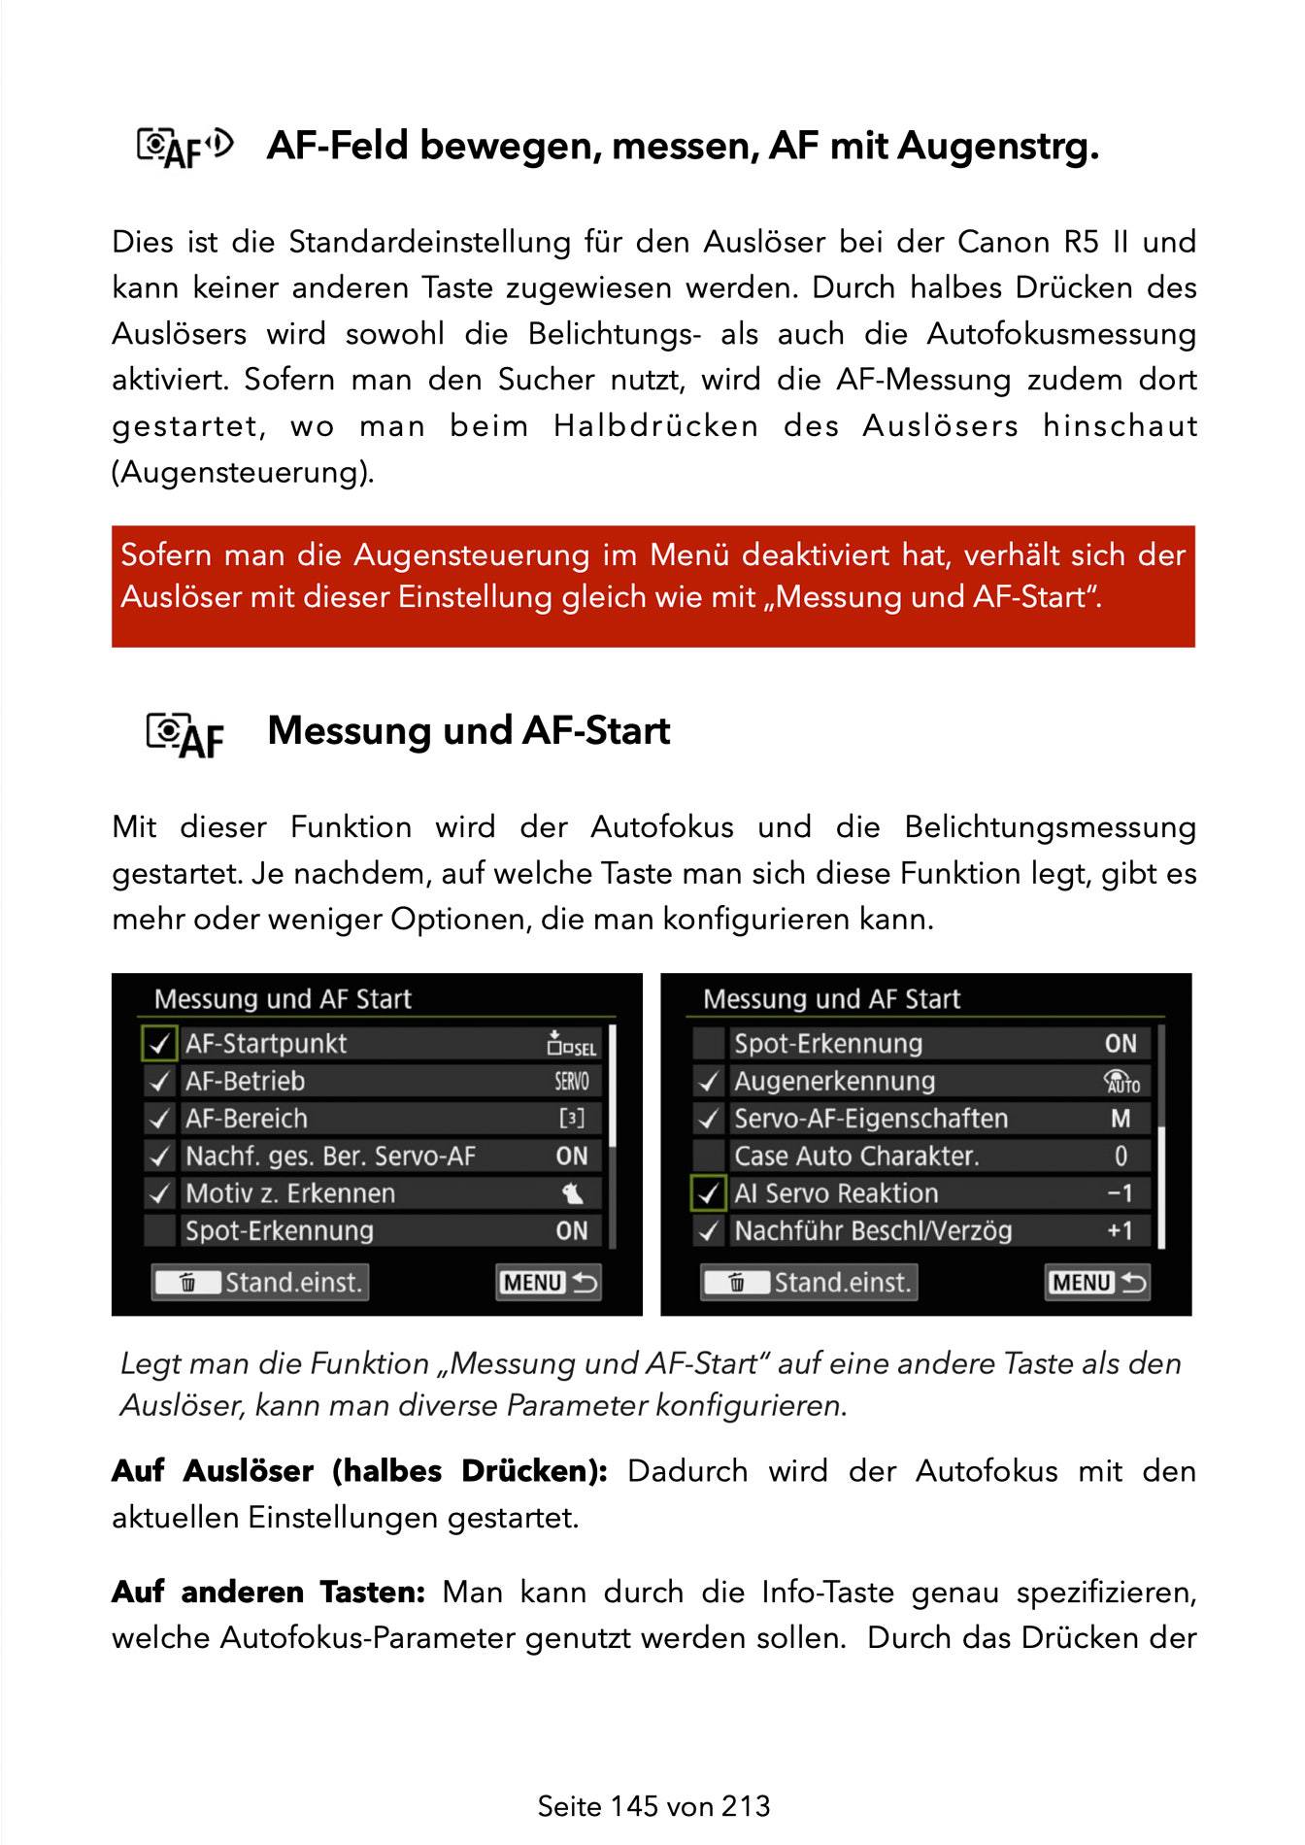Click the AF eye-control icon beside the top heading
[x=184, y=148]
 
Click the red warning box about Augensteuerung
[x=652, y=586]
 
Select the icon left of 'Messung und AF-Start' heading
[x=184, y=734]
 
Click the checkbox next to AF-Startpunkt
[x=159, y=1044]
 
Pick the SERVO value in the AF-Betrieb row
[x=572, y=1082]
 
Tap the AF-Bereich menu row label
[x=247, y=1119]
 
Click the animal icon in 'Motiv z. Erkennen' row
[x=573, y=1193]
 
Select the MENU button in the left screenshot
[x=549, y=1283]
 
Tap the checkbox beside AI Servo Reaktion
[x=709, y=1193]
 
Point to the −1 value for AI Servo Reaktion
[x=1120, y=1193]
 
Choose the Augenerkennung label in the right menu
[x=834, y=1082]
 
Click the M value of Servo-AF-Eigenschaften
[x=1121, y=1119]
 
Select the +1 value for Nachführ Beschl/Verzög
[x=1120, y=1231]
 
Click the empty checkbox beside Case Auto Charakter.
[x=709, y=1157]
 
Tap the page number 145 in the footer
[x=635, y=1806]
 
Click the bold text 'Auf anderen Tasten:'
[x=269, y=1593]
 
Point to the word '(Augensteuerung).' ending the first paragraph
[x=243, y=473]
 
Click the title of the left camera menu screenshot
[x=283, y=999]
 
